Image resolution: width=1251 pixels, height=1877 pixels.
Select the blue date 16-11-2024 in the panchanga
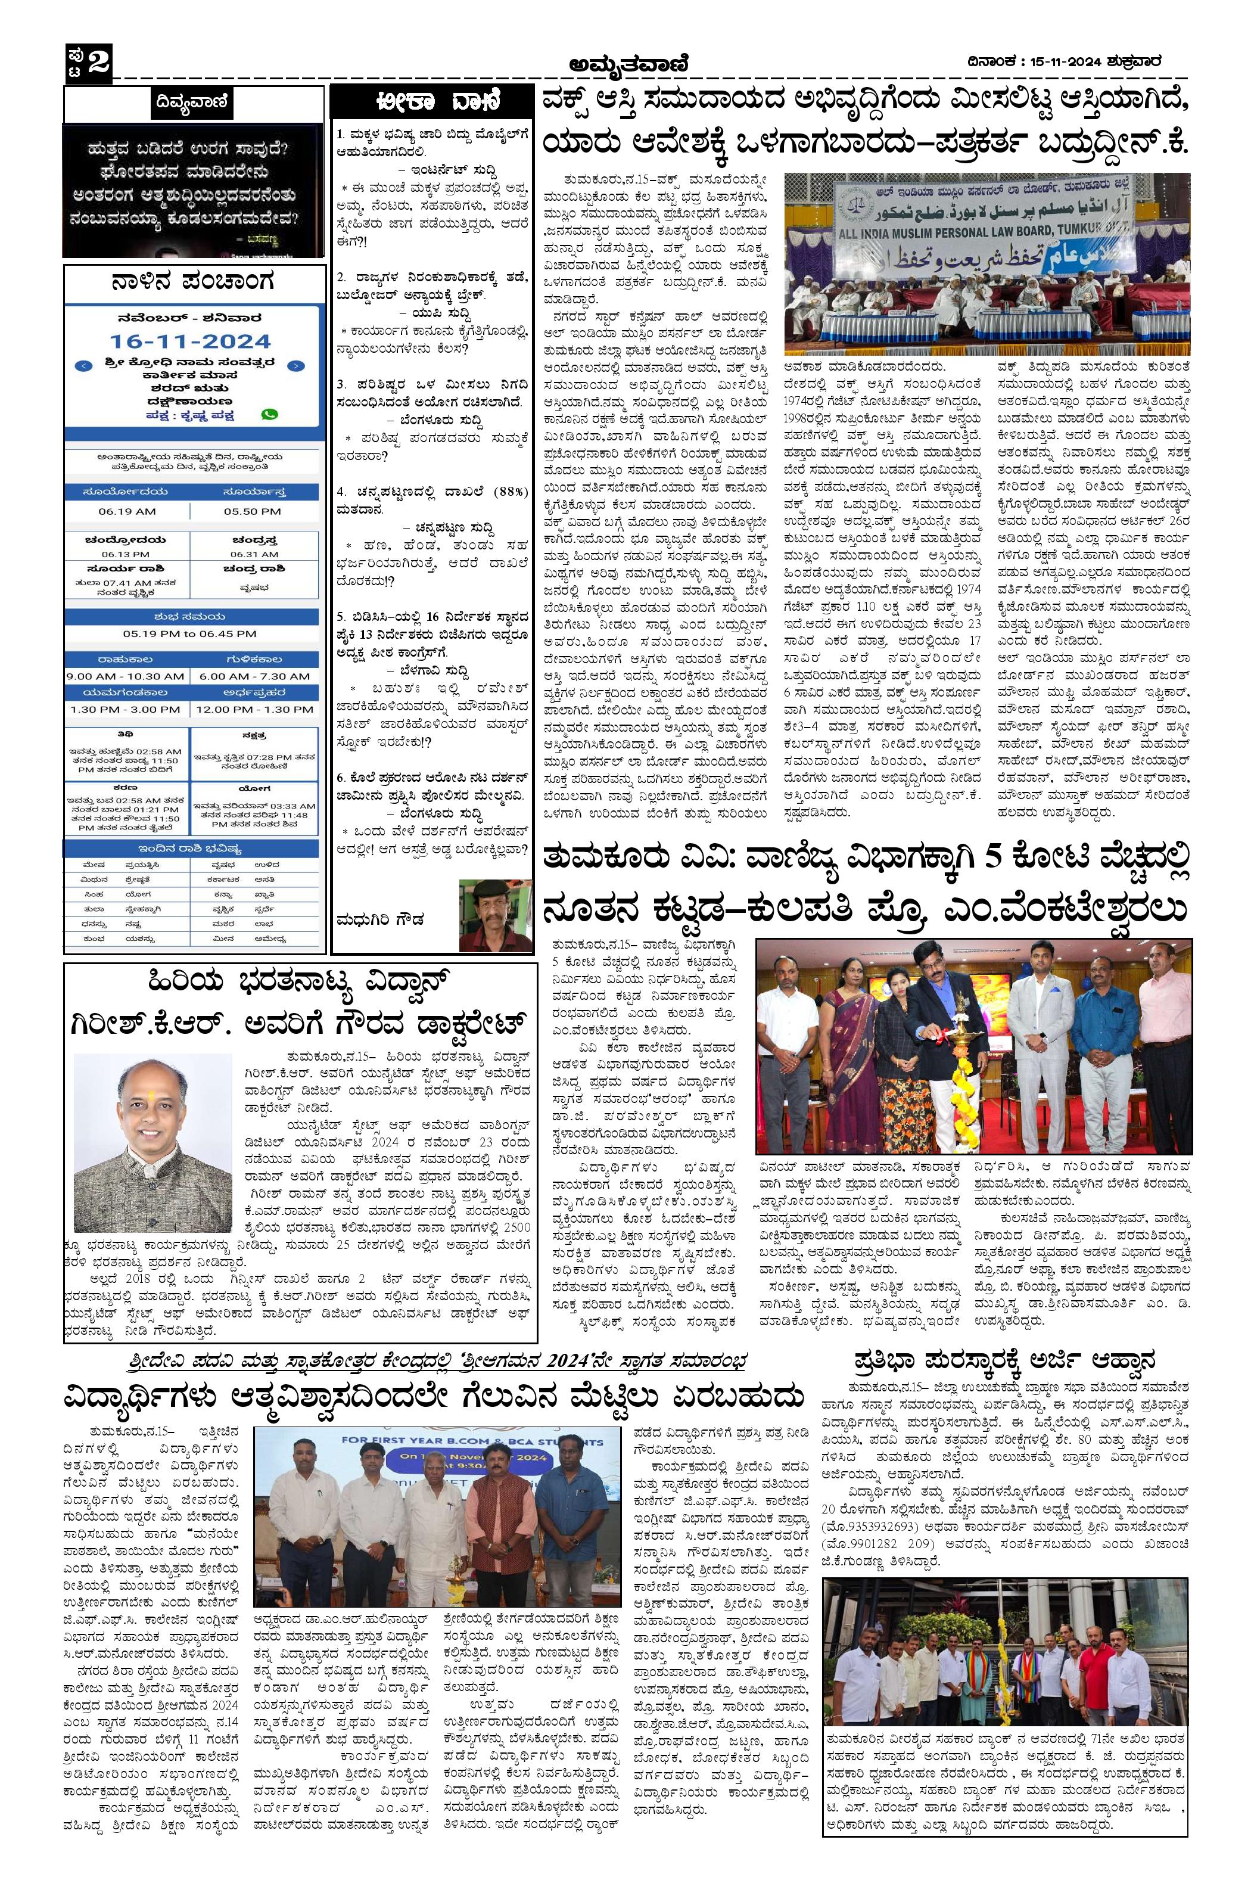pyautogui.click(x=191, y=341)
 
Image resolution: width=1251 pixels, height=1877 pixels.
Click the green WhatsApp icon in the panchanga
pyautogui.click(x=270, y=414)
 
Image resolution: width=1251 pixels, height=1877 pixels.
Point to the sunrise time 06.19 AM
pyautogui.click(x=127, y=511)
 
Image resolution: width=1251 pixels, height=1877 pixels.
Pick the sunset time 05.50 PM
pyautogui.click(x=252, y=511)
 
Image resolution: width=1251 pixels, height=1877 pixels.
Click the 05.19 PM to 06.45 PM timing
pyautogui.click(x=190, y=633)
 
